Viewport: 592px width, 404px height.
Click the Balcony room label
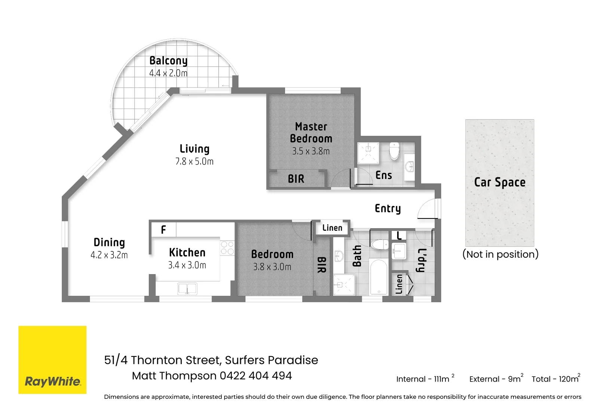[168, 61]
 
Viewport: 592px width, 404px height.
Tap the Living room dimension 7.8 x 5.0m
[194, 162]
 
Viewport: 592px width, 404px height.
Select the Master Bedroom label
[311, 132]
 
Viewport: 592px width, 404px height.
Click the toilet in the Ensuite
[394, 151]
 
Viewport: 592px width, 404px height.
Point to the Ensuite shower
[368, 153]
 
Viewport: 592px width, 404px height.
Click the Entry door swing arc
[427, 209]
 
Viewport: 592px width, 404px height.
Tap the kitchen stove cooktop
[227, 248]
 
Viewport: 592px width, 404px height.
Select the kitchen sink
[187, 289]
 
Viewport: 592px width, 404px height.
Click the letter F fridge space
[163, 230]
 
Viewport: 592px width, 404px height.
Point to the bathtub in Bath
[379, 277]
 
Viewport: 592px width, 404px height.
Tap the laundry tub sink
[399, 251]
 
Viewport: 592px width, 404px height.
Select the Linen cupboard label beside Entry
[332, 228]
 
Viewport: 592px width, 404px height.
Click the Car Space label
[500, 182]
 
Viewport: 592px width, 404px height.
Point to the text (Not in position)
[500, 254]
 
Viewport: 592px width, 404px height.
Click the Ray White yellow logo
[52, 359]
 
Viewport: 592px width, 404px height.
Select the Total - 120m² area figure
[555, 379]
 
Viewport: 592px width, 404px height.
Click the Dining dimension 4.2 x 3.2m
[109, 255]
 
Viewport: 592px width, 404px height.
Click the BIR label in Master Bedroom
[296, 179]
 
